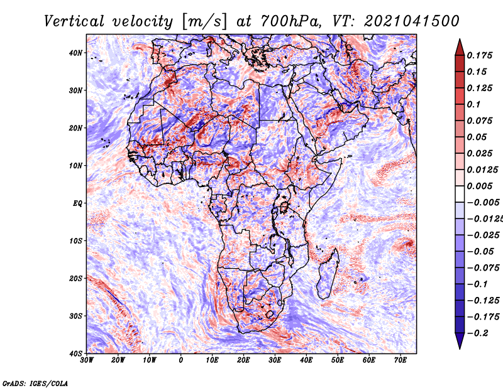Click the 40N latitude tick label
coord(75,53)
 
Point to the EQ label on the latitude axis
coord(77,203)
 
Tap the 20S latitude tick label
coord(75,278)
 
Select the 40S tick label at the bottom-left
coord(75,353)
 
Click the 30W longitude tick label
coord(87,360)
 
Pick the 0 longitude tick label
coord(181,360)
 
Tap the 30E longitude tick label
coord(275,360)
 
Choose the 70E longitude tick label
coord(401,360)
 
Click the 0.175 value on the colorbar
coord(479,55)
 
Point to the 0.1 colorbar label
coord(473,104)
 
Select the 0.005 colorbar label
coord(479,186)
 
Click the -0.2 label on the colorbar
coord(477,333)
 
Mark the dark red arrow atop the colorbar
coord(460,48)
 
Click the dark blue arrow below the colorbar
coord(460,340)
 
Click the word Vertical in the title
coord(74,22)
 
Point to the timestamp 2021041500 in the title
coord(412,21)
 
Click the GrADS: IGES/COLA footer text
coord(35,383)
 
